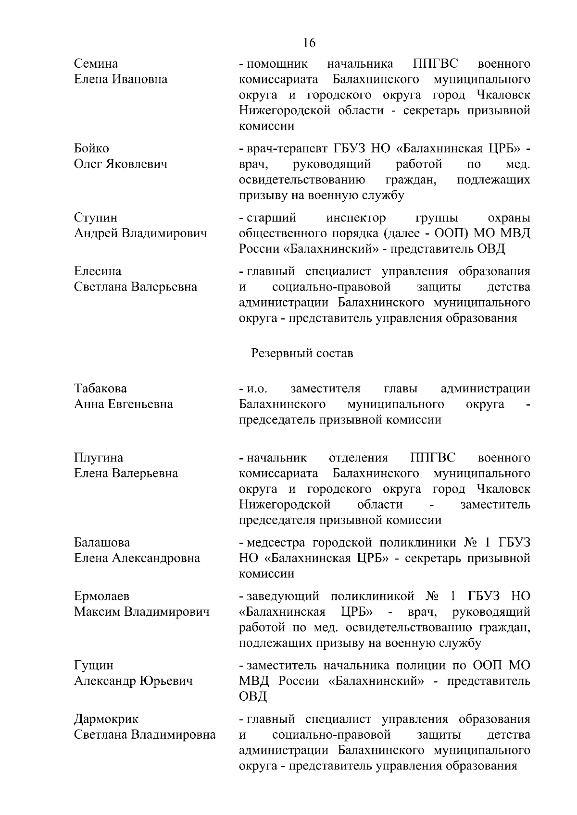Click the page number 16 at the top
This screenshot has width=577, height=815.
tap(309, 43)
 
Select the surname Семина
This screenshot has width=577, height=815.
tap(96, 64)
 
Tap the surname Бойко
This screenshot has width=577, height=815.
tap(91, 148)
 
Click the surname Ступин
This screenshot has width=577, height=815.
tap(95, 218)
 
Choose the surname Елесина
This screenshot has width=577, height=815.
tap(98, 271)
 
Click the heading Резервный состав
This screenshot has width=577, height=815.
tap(302, 353)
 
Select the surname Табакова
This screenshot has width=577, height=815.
tap(100, 388)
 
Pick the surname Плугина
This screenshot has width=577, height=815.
tap(99, 457)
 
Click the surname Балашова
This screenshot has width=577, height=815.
tap(102, 542)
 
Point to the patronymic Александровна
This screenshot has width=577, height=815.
tap(156, 558)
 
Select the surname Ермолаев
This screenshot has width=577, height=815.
tap(101, 596)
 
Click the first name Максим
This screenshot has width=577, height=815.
tap(98, 612)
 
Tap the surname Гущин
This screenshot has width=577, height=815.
tap(94, 665)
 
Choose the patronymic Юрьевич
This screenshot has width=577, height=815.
tap(166, 681)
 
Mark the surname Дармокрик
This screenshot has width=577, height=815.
tap(106, 719)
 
